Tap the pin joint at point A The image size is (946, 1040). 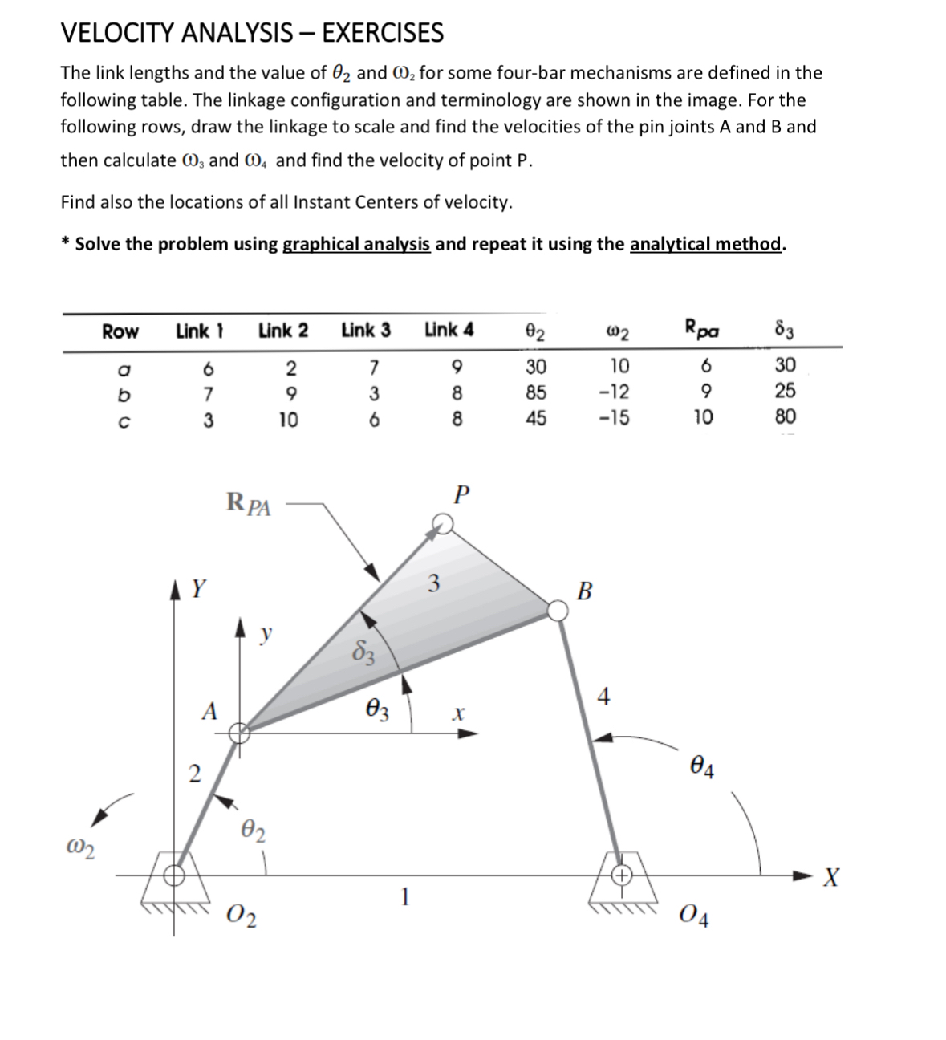tap(239, 732)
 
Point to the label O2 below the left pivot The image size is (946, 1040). tap(242, 915)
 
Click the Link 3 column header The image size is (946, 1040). tap(366, 330)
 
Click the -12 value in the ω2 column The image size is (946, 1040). tap(617, 392)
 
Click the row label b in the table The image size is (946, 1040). tap(117, 392)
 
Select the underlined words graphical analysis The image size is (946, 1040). tap(357, 244)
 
